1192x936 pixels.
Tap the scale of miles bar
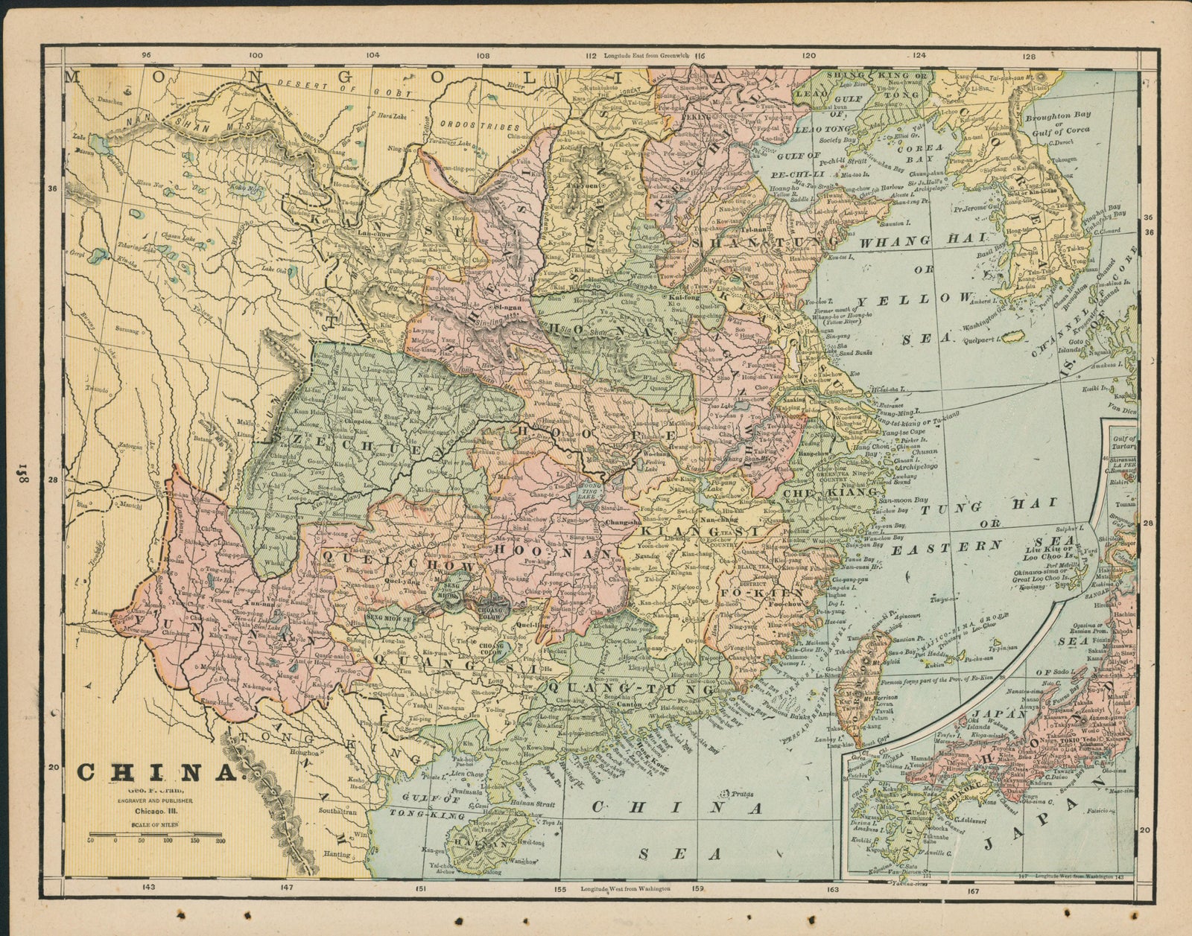click(x=155, y=833)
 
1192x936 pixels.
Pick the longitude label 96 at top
click(x=146, y=55)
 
